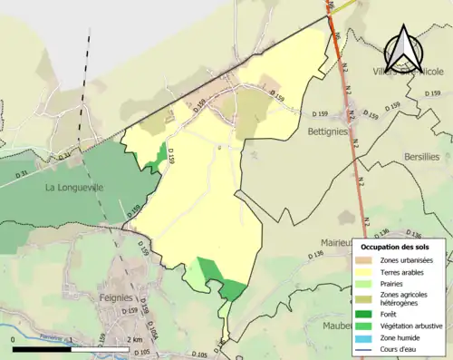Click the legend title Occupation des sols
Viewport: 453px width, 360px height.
tap(402, 247)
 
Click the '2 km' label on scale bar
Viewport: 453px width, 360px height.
tap(135, 339)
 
